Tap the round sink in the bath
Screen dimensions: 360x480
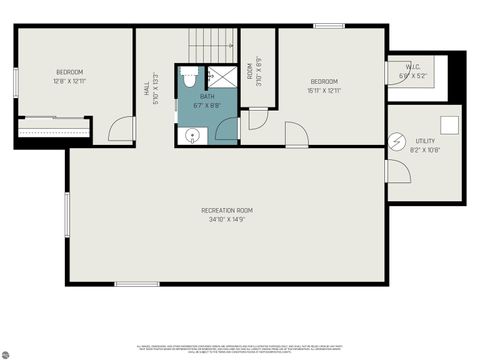click(192, 134)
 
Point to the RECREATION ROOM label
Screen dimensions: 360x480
click(227, 210)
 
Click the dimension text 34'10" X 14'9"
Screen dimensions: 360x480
click(227, 220)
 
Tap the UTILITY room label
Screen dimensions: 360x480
click(425, 141)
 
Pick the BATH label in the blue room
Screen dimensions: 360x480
click(207, 97)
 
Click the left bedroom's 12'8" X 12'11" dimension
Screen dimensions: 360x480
click(70, 82)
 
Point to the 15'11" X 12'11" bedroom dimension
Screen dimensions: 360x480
click(324, 91)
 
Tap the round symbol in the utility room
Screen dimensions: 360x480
click(396, 140)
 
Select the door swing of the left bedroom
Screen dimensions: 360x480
click(120, 130)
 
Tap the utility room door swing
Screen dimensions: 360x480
click(397, 171)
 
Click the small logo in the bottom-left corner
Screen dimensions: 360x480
click(7, 352)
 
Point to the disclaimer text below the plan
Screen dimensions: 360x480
click(240, 348)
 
